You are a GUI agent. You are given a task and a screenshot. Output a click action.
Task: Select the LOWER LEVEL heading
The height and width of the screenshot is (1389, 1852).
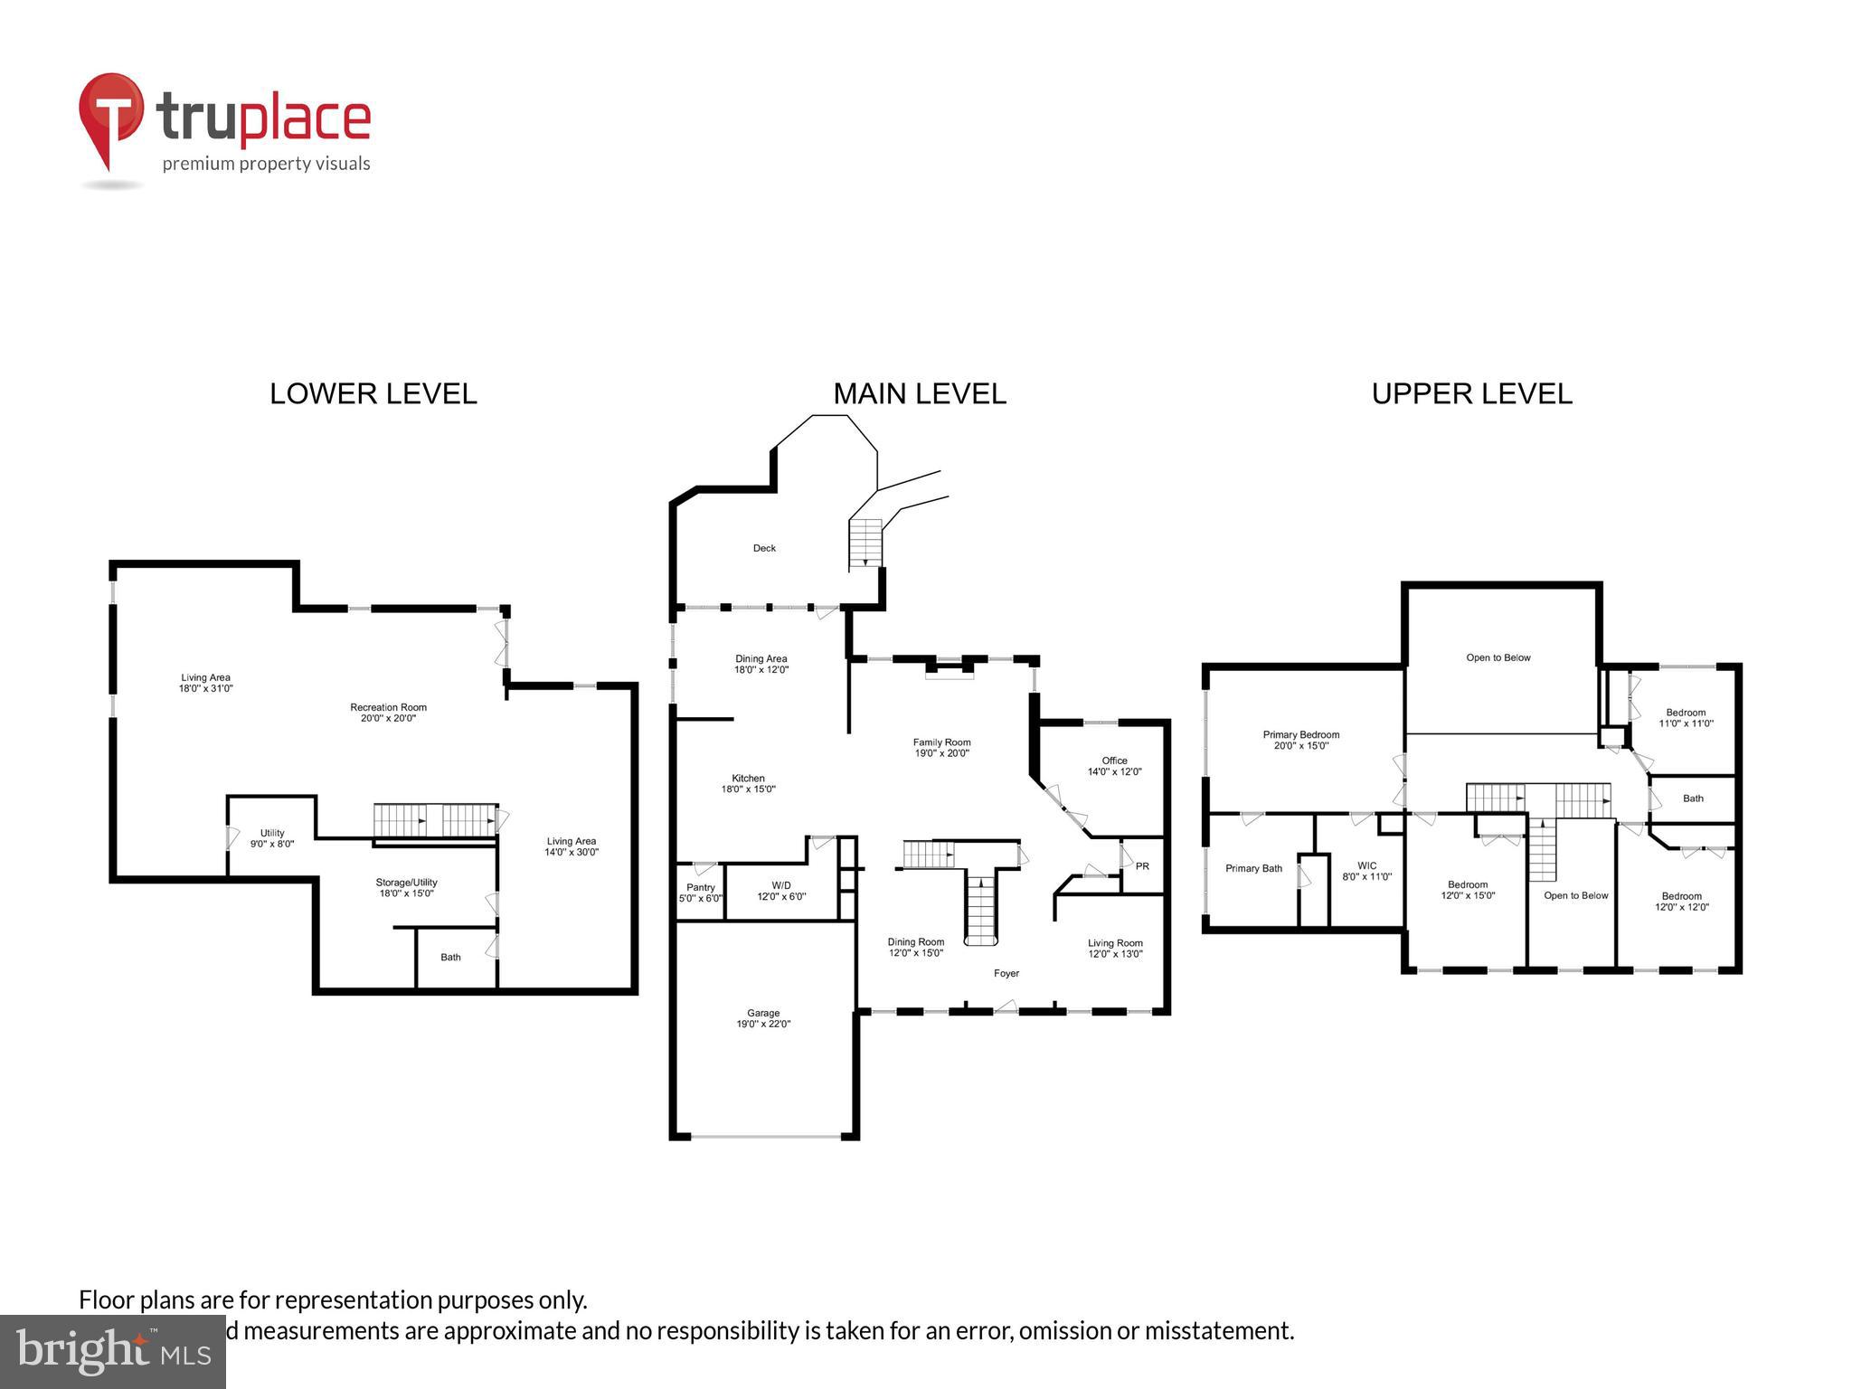[x=373, y=394]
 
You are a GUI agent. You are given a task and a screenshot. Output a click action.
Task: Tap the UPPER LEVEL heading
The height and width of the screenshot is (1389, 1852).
[x=1471, y=394]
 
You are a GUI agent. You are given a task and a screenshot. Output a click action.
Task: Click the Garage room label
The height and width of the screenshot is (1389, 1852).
[x=763, y=1018]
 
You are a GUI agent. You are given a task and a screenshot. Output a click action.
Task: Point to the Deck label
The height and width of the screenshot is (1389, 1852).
[x=764, y=548]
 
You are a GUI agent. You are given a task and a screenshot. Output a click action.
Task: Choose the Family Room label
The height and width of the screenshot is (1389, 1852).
[x=941, y=748]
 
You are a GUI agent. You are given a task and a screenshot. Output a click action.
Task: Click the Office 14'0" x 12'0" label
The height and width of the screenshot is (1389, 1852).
[x=1114, y=766]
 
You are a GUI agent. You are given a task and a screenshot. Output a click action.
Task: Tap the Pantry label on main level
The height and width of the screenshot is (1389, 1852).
[x=701, y=893]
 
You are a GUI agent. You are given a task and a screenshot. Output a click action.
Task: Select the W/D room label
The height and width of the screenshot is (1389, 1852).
[x=781, y=891]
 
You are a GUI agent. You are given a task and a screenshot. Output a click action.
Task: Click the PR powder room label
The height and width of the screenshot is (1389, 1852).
[x=1142, y=866]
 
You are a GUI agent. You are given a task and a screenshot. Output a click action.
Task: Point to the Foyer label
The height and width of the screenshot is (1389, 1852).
[x=1006, y=974]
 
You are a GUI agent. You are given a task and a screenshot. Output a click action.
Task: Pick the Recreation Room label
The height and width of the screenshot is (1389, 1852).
[x=388, y=713]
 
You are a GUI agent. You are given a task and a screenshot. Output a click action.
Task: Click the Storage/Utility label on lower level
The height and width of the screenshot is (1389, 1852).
[x=406, y=887]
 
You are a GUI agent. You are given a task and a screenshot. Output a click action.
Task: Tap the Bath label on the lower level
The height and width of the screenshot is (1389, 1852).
[x=450, y=957]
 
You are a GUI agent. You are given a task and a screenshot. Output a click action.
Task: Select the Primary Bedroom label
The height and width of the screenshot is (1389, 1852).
[x=1300, y=740]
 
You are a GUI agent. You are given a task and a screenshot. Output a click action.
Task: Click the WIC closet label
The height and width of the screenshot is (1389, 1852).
[x=1366, y=871]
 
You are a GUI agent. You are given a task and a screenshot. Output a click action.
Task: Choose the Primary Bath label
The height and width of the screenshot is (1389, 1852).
[x=1253, y=868]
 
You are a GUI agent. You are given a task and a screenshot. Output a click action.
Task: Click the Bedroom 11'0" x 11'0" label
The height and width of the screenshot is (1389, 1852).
[x=1686, y=718]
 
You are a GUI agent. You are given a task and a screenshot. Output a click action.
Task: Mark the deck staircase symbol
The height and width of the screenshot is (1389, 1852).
[x=865, y=543]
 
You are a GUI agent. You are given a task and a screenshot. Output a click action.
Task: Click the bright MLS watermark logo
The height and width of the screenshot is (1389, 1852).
[x=113, y=1351]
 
